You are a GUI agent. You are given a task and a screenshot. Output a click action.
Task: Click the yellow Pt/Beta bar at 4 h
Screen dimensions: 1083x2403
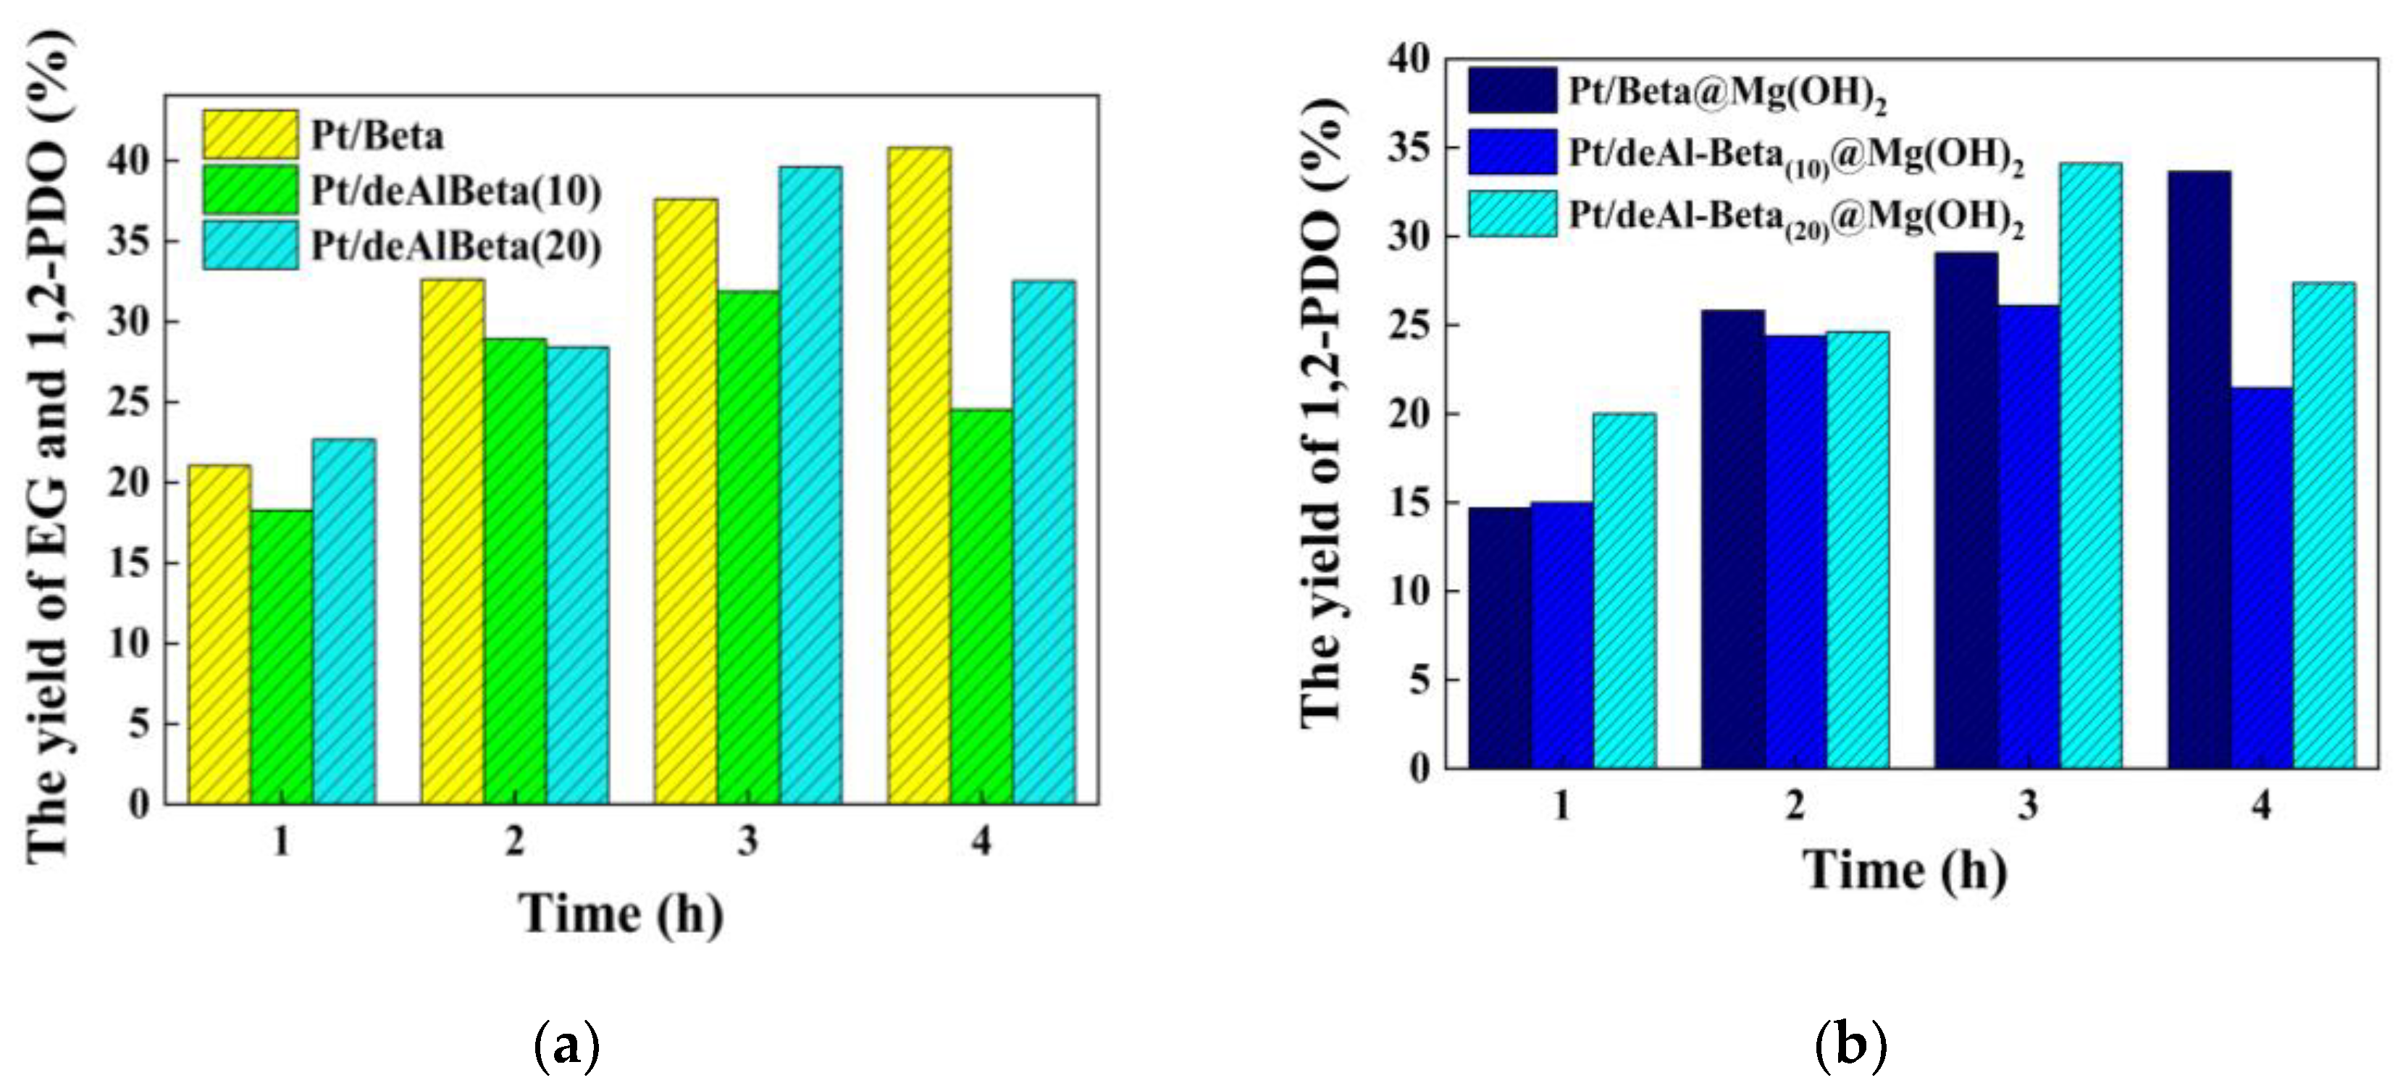[x=919, y=476]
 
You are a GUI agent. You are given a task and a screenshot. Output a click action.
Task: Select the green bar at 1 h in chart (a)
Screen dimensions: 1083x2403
[x=282, y=657]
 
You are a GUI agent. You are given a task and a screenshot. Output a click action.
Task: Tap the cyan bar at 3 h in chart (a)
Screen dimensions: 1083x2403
[x=810, y=485]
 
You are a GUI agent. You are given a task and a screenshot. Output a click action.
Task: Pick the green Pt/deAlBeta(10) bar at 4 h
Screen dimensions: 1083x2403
[x=981, y=606]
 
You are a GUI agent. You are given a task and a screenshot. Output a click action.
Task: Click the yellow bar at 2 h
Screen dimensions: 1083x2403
[x=453, y=541]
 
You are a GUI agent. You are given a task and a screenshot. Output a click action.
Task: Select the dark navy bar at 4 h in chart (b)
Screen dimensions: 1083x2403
[x=2199, y=470]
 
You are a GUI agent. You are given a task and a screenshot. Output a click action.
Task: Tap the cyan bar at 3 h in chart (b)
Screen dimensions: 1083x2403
[x=2091, y=466]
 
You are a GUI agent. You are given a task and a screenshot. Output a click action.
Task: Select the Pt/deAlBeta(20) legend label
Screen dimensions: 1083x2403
[x=456, y=246]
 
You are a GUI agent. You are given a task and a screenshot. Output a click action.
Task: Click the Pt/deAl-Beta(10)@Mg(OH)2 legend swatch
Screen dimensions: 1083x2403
[x=1512, y=152]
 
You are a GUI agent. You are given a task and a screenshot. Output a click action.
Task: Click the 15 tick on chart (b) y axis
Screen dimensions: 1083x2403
[x=1409, y=503]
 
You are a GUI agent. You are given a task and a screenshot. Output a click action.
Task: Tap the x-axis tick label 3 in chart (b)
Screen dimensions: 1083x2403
[x=2028, y=804]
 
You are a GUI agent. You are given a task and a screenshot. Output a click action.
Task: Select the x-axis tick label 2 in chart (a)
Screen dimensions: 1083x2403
[x=514, y=841]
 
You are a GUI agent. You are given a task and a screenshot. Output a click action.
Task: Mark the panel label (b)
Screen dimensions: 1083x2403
[x=1850, y=1045]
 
